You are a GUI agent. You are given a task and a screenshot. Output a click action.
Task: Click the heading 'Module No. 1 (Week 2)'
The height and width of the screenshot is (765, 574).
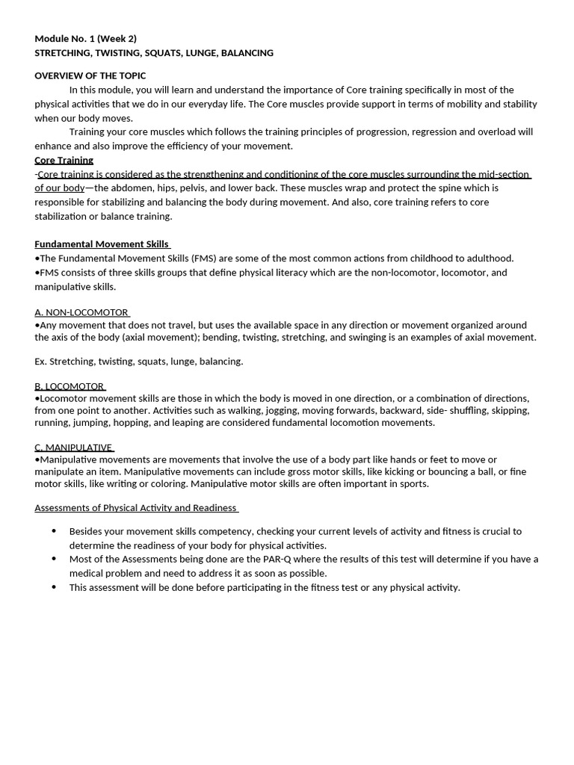click(x=85, y=39)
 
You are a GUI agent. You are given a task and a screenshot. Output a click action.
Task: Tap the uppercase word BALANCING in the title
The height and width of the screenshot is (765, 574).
click(x=248, y=53)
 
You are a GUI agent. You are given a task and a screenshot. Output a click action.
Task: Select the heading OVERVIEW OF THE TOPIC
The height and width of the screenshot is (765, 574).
click(x=90, y=75)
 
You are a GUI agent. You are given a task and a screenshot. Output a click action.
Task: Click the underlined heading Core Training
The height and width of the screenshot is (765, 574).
click(x=64, y=160)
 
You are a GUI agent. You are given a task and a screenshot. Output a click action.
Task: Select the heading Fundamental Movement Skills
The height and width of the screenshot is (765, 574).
click(x=102, y=244)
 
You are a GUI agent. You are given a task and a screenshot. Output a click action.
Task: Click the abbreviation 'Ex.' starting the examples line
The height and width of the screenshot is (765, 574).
click(x=41, y=362)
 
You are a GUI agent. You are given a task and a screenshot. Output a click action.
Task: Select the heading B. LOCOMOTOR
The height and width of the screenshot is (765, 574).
click(x=70, y=386)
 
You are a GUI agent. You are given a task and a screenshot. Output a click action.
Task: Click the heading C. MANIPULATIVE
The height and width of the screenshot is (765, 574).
click(x=73, y=447)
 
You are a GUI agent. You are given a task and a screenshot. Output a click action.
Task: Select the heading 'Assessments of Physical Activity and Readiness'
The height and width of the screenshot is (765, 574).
click(x=135, y=508)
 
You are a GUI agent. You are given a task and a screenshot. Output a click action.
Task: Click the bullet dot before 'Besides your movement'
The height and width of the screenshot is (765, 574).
click(x=54, y=531)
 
